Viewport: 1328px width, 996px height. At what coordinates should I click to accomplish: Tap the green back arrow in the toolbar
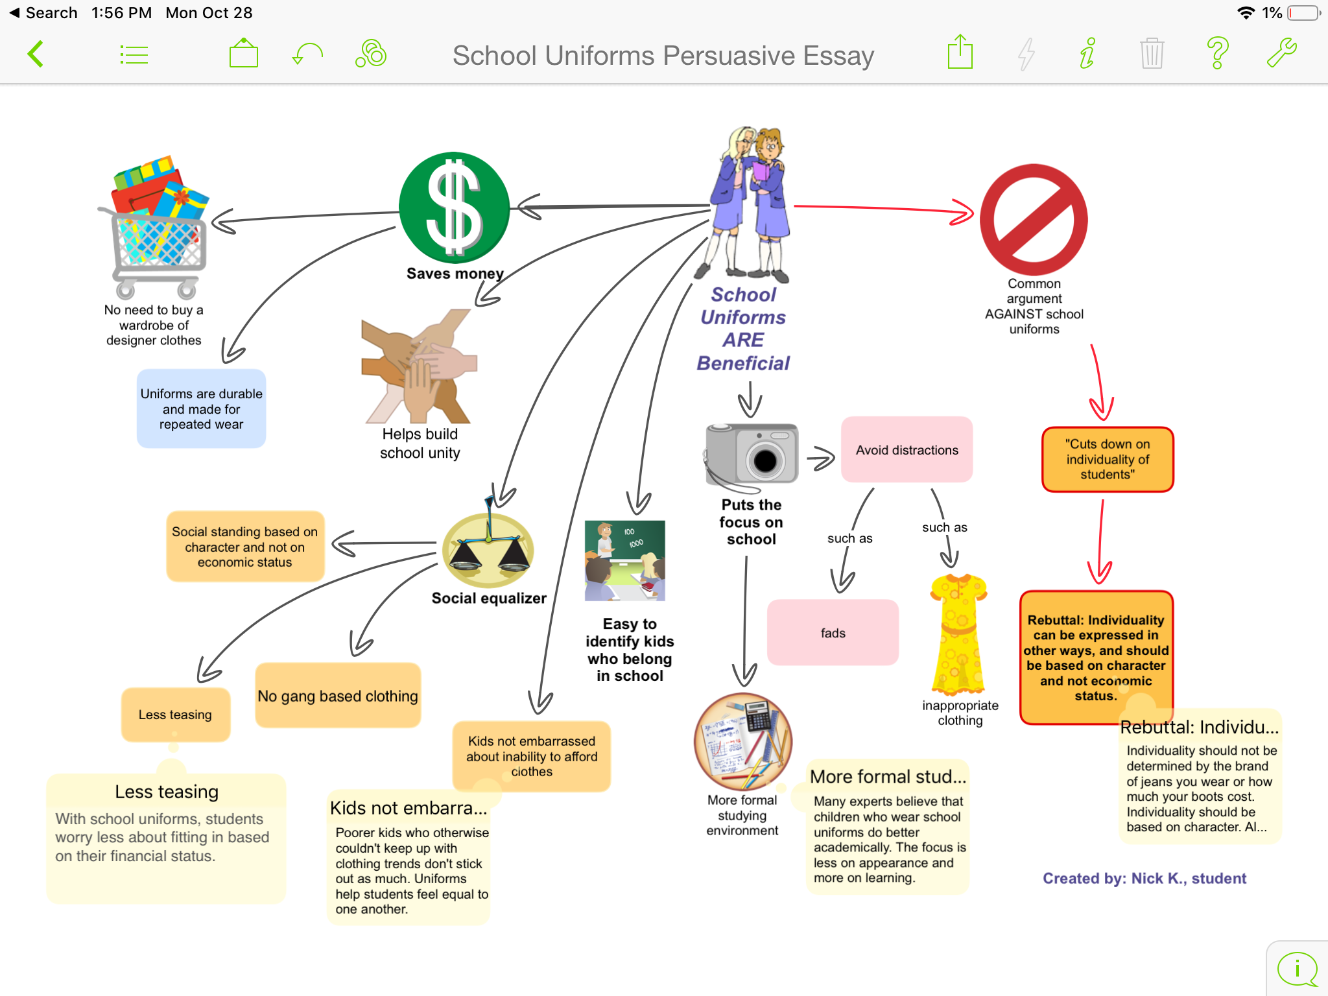click(x=36, y=54)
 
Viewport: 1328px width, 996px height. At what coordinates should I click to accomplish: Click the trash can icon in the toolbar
click(x=1152, y=54)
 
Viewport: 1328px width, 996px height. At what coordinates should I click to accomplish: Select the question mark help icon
click(x=1217, y=54)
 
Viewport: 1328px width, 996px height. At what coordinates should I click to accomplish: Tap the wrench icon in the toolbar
click(x=1281, y=54)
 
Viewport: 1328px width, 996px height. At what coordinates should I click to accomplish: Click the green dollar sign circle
click(x=454, y=207)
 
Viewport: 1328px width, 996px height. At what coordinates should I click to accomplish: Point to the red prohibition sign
click(x=1034, y=220)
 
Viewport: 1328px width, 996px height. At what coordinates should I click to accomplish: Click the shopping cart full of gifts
click(x=156, y=227)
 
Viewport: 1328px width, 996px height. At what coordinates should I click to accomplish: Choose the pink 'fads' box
click(x=833, y=633)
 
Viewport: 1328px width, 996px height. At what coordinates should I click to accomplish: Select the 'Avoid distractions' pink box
click(x=907, y=450)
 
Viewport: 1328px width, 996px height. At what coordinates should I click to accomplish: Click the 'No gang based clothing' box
click(x=338, y=696)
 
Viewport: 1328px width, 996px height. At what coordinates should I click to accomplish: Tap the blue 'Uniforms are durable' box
click(x=201, y=409)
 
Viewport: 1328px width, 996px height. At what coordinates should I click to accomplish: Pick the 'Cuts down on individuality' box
click(x=1108, y=459)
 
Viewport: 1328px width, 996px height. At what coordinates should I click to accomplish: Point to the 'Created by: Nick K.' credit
click(x=1144, y=879)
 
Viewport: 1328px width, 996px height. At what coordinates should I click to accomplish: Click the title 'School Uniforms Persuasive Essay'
click(x=663, y=56)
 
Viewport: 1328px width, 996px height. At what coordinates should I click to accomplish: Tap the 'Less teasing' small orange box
click(x=175, y=715)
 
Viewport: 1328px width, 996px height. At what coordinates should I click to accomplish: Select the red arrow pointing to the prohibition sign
click(x=882, y=209)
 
